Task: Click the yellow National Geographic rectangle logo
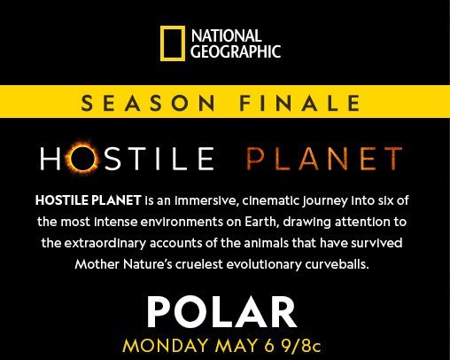click(x=173, y=43)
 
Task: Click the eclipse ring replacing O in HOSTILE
click(x=88, y=159)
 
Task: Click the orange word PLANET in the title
click(x=323, y=160)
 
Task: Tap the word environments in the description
click(x=180, y=221)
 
